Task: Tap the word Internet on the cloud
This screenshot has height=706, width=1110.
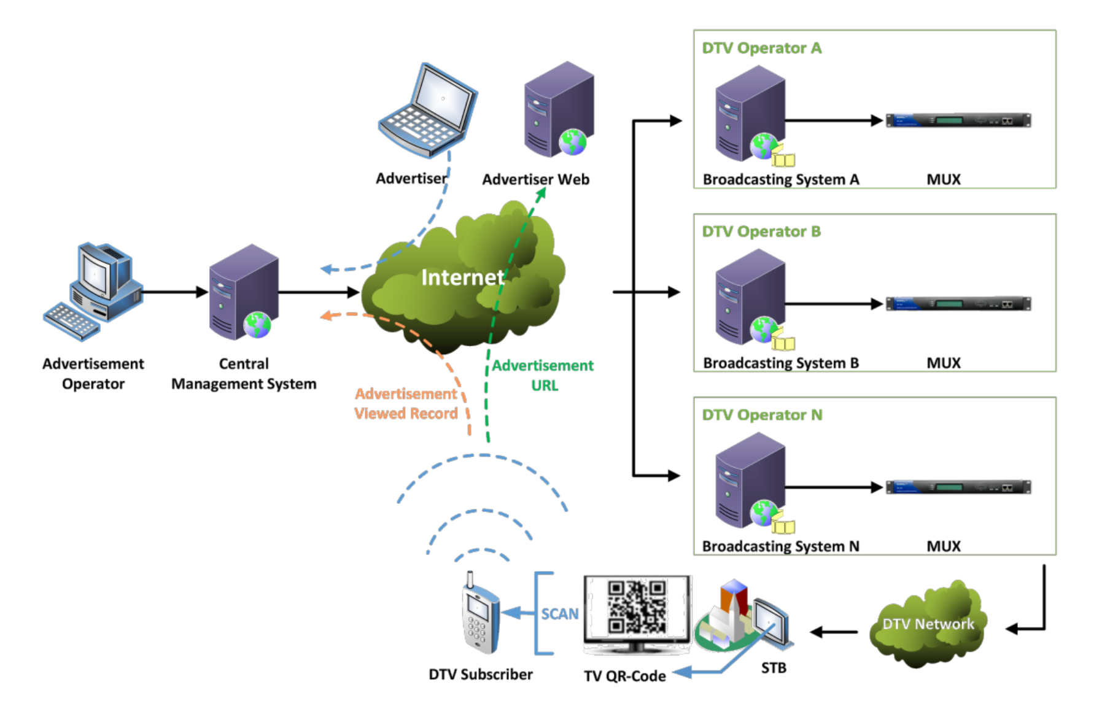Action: tap(462, 277)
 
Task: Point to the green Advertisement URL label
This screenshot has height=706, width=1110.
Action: tap(543, 375)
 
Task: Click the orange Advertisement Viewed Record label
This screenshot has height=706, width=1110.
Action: tap(406, 403)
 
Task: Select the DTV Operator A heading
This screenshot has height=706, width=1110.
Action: tap(761, 48)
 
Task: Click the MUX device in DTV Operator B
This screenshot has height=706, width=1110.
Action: tap(958, 304)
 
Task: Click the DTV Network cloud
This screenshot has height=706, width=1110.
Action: tap(927, 624)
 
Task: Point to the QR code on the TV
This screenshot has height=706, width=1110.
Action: tap(637, 607)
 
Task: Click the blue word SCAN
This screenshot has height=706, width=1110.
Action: tap(559, 614)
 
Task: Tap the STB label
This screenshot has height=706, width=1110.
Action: tap(773, 668)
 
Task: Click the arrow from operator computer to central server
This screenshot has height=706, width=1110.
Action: tap(175, 292)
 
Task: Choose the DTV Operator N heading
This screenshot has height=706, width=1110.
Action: tap(761, 415)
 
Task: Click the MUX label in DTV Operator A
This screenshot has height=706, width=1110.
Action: tap(943, 179)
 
